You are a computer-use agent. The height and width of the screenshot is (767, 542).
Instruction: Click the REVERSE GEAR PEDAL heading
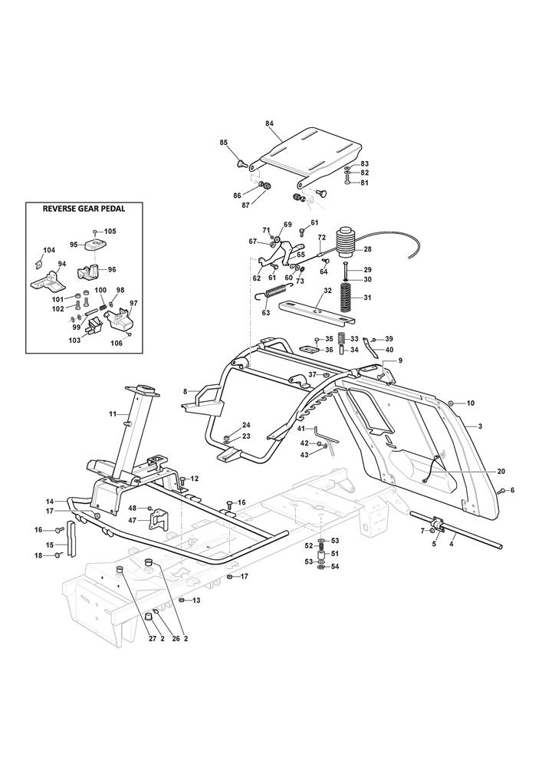(x=84, y=208)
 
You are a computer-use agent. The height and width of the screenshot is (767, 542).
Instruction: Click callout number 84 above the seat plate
(x=269, y=123)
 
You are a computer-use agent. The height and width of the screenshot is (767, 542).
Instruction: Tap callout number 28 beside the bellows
(x=367, y=249)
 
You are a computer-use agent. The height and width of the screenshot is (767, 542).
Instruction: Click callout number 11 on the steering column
(x=113, y=414)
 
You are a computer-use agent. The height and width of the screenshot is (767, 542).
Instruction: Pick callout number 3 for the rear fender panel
(x=480, y=425)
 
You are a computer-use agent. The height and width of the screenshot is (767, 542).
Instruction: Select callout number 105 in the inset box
(x=110, y=231)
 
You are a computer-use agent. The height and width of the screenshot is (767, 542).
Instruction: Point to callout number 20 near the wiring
(x=480, y=471)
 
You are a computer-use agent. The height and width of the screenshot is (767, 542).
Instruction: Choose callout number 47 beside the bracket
(x=133, y=520)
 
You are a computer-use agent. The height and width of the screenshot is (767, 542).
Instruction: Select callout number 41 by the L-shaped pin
(x=301, y=428)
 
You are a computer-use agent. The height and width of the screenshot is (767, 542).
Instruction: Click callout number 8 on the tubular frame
(x=185, y=391)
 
